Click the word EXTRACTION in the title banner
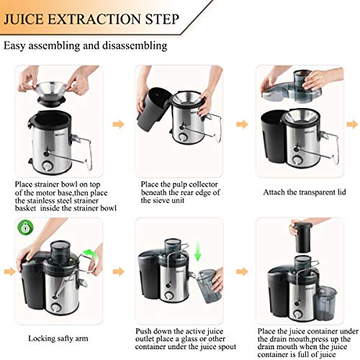pyautogui.click(x=95, y=19)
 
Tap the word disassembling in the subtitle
pyautogui.click(x=135, y=45)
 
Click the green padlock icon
pyautogui.click(x=25, y=228)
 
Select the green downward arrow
pyautogui.click(x=197, y=251)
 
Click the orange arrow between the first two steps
pyautogui.click(x=119, y=125)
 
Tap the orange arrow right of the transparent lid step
pyautogui.click(x=352, y=125)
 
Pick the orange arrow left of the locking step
pyautogui.click(x=9, y=271)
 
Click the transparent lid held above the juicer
pyautogui.click(x=292, y=87)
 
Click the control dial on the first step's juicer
pyautogui.click(x=47, y=166)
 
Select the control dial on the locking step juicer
pyautogui.click(x=56, y=307)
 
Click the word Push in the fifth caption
pyautogui.click(x=143, y=331)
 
